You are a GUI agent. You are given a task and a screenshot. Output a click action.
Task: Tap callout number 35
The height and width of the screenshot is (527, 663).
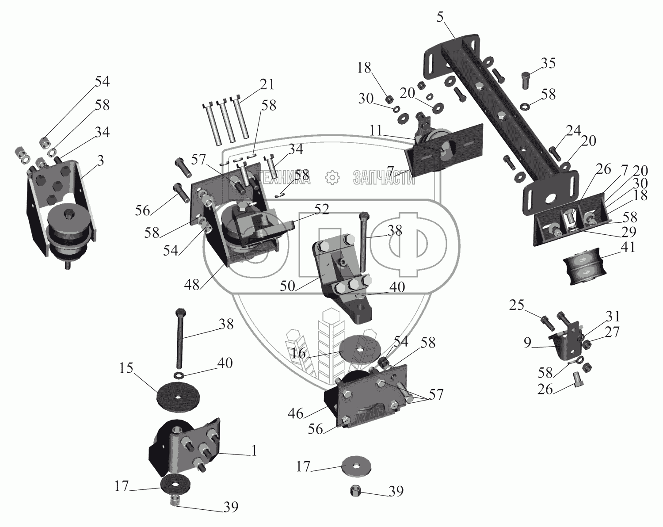(548, 64)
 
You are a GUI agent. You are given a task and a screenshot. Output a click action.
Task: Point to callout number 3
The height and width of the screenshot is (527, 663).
(100, 161)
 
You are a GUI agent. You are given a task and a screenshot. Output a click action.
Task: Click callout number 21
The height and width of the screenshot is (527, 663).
(267, 84)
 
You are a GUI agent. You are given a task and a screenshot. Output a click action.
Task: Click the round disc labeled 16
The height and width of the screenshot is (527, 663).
(361, 349)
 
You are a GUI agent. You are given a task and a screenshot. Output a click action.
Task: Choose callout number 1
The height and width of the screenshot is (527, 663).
(254, 451)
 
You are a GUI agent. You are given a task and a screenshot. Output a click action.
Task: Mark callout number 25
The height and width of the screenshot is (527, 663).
(517, 306)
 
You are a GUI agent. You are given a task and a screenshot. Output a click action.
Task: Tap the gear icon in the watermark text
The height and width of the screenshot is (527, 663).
(331, 178)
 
